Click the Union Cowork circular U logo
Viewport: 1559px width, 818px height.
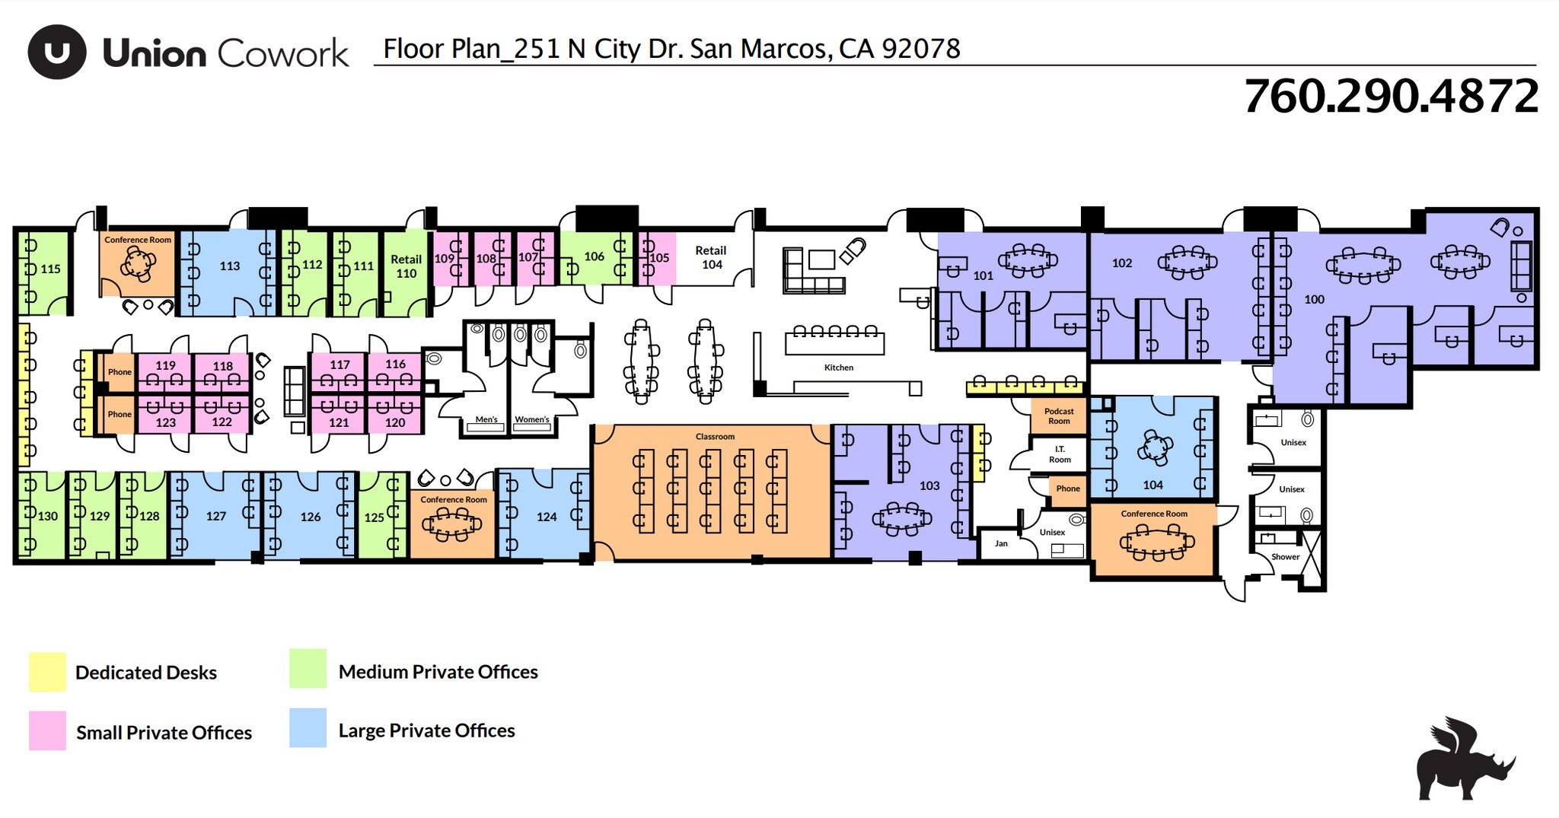pos(56,52)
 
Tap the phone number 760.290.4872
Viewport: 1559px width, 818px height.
pos(1391,97)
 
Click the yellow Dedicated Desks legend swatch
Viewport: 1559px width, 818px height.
pos(47,672)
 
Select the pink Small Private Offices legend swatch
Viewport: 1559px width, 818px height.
pos(47,731)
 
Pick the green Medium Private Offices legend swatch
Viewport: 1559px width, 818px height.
pos(308,669)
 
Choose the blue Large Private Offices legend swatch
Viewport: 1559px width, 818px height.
pos(308,728)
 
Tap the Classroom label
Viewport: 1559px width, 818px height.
pos(715,437)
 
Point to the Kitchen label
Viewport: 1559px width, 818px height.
pos(839,368)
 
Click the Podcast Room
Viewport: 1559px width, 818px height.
pos(1059,416)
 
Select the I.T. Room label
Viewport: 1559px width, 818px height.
pos(1060,454)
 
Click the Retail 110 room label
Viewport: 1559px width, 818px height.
pos(406,266)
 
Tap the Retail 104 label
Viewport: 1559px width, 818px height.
pos(711,257)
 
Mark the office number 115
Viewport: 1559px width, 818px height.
pos(50,269)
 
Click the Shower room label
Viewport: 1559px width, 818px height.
pos(1285,557)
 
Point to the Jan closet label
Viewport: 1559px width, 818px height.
pos(1001,543)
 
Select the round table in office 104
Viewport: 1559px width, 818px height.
pos(1155,447)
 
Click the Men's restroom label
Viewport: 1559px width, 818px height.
pos(486,419)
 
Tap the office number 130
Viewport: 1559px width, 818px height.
pos(47,516)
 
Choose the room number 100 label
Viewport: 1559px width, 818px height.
pos(1314,300)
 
